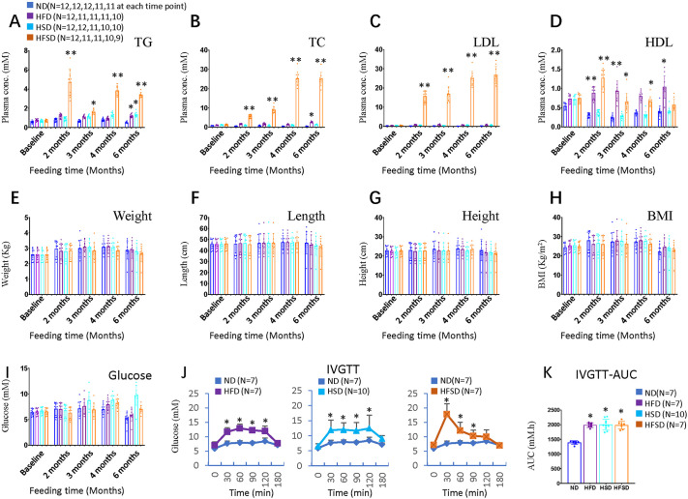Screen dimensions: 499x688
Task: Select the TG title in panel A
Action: click(143, 44)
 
